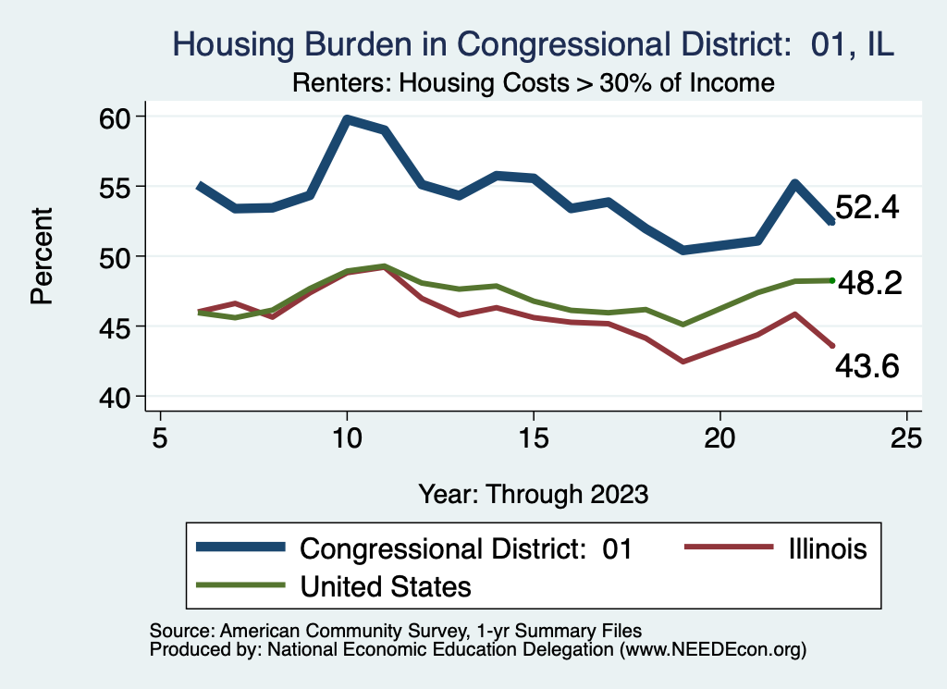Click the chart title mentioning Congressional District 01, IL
tap(534, 43)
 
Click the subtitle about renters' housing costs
tap(533, 82)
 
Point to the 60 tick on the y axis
tap(119, 117)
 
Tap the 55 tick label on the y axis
tap(119, 186)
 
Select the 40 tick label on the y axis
tap(119, 396)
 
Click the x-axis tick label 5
tap(161, 437)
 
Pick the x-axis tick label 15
tap(533, 437)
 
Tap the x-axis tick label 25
tap(906, 437)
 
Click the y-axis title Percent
tap(41, 256)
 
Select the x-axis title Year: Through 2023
tap(533, 493)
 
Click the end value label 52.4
tap(867, 207)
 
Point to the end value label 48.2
tap(869, 284)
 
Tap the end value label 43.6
tap(867, 367)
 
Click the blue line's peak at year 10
tap(347, 119)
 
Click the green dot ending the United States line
tap(832, 280)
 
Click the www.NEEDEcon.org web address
tap(712, 650)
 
